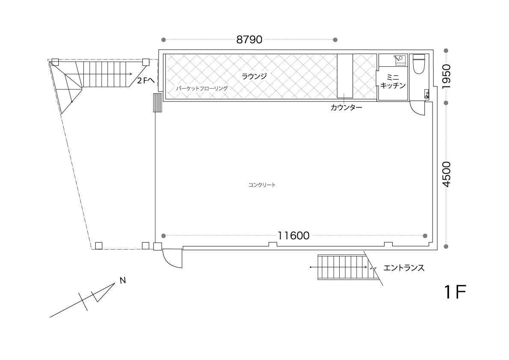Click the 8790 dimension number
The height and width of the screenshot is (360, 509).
pyautogui.click(x=249, y=40)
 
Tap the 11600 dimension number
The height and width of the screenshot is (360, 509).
pyautogui.click(x=293, y=235)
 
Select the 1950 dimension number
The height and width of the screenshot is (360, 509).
pyautogui.click(x=447, y=77)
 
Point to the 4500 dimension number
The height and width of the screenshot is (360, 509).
pyautogui.click(x=447, y=174)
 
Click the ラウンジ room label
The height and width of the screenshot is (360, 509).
pyautogui.click(x=254, y=76)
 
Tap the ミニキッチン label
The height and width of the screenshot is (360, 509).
pyautogui.click(x=393, y=82)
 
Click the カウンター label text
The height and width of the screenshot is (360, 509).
pyautogui.click(x=346, y=107)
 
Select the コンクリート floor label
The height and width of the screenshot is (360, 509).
pyautogui.click(x=262, y=185)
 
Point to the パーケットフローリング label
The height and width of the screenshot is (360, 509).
pyautogui.click(x=201, y=88)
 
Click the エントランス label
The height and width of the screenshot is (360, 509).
pyautogui.click(x=404, y=268)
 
